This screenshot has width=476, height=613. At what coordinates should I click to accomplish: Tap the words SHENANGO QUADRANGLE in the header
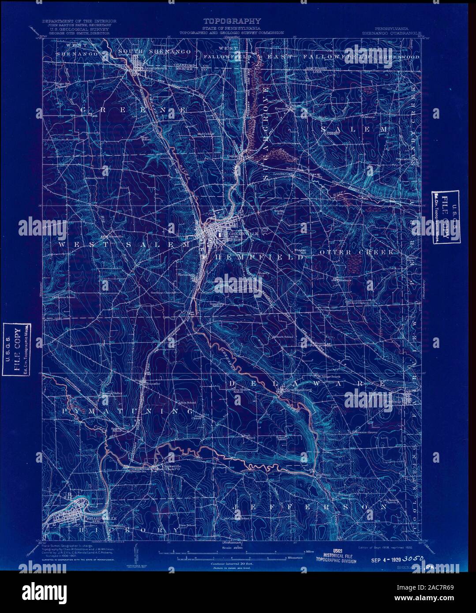click(390, 33)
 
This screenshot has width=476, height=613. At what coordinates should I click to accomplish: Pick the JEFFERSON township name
click(308, 507)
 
